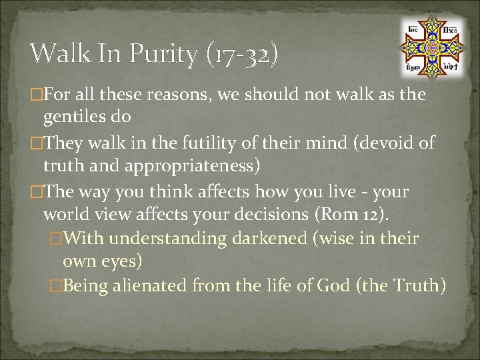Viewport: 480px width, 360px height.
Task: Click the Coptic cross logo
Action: click(x=431, y=48)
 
